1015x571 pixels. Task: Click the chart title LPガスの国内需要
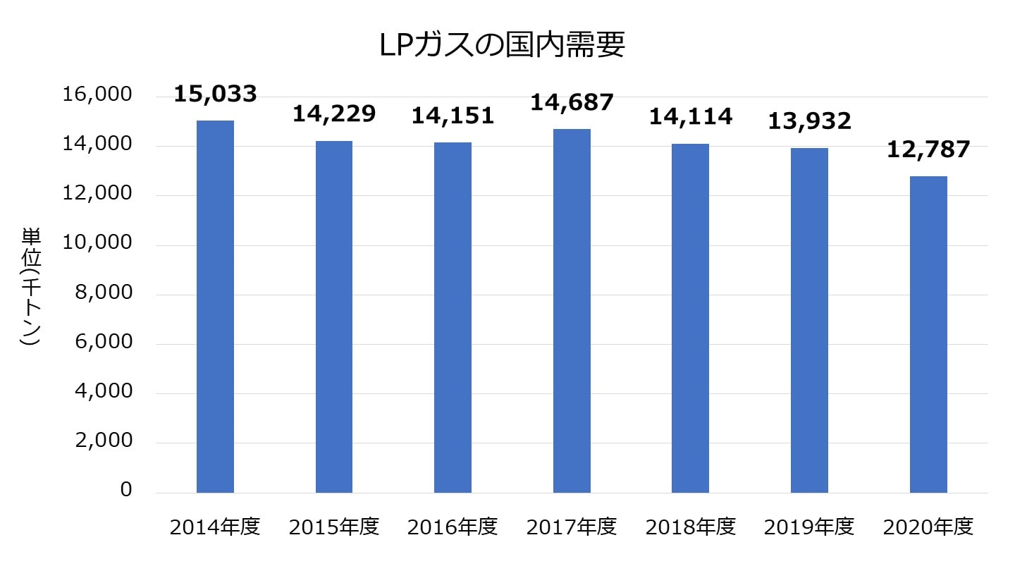point(502,46)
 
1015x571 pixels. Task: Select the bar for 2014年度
point(215,307)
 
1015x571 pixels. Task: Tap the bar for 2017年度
point(572,311)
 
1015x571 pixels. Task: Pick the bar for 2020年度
point(928,334)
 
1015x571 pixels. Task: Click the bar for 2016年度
point(453,317)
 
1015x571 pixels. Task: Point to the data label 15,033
point(215,94)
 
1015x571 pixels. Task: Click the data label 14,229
point(334,113)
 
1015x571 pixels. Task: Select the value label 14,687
point(572,102)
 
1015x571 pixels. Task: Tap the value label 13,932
point(809,121)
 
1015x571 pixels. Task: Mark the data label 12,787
point(928,149)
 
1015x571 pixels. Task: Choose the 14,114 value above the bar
point(691,116)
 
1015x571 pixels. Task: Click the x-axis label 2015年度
point(334,527)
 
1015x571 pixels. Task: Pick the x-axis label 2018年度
point(691,527)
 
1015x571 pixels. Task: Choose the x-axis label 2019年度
point(809,527)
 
